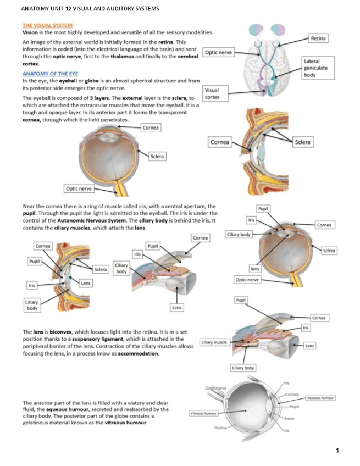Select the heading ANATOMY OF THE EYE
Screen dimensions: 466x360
click(50, 73)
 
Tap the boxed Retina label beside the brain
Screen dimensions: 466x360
click(318, 38)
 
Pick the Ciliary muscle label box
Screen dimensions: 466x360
click(214, 342)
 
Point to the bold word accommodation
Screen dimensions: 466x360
click(140, 353)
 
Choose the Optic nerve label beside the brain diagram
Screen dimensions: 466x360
click(219, 53)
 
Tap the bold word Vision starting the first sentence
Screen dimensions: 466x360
click(30, 32)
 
